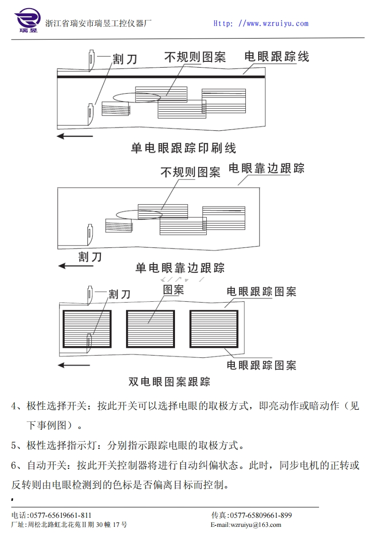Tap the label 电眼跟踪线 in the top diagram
[277, 57]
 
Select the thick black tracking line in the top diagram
[161, 76]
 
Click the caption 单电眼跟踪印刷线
[184, 148]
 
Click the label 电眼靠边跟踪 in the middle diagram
[266, 168]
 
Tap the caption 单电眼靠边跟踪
[180, 268]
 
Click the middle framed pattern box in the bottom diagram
[150, 329]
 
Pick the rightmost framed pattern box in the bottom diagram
[213, 329]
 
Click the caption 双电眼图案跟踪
[169, 382]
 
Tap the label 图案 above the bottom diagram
[174, 290]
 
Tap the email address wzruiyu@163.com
[255, 525]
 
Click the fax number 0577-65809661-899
[261, 515]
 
